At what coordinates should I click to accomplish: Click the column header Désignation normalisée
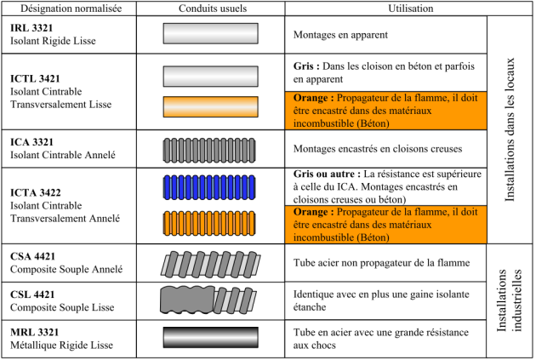click(71, 9)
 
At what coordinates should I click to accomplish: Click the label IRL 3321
click(31, 28)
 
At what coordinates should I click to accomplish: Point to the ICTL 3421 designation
click(35, 78)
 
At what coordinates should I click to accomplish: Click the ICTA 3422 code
click(35, 193)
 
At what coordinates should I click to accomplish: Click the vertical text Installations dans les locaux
click(510, 129)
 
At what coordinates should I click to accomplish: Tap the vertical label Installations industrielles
click(510, 300)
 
